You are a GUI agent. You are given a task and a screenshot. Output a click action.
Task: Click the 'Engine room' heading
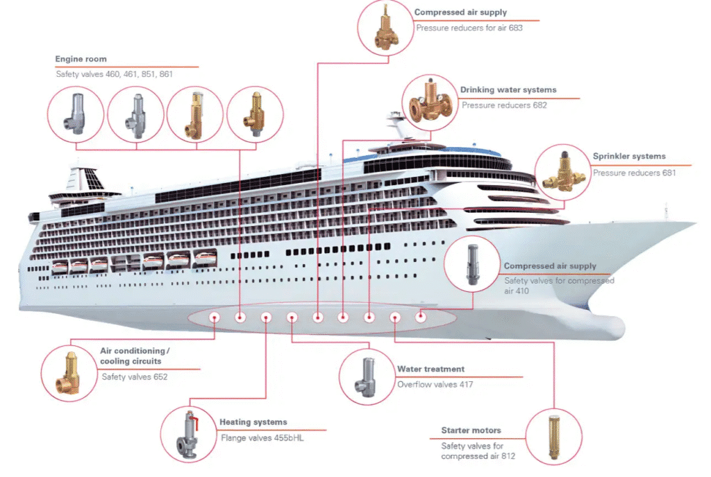81,60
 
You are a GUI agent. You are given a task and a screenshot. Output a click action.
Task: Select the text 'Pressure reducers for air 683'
469,28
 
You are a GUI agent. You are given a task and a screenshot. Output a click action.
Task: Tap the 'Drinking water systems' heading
508,90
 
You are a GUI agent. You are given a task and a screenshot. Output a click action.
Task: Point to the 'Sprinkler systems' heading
629,157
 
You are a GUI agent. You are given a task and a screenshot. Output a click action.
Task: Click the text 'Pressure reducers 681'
634,173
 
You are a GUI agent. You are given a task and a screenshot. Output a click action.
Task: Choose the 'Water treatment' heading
430,370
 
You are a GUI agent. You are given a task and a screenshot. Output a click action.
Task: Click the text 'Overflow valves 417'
435,385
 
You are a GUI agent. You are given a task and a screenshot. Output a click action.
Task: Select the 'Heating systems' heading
253,422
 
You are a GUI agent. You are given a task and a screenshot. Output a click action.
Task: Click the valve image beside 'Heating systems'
187,434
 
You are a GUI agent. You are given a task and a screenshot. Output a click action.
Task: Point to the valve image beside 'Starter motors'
553,436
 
